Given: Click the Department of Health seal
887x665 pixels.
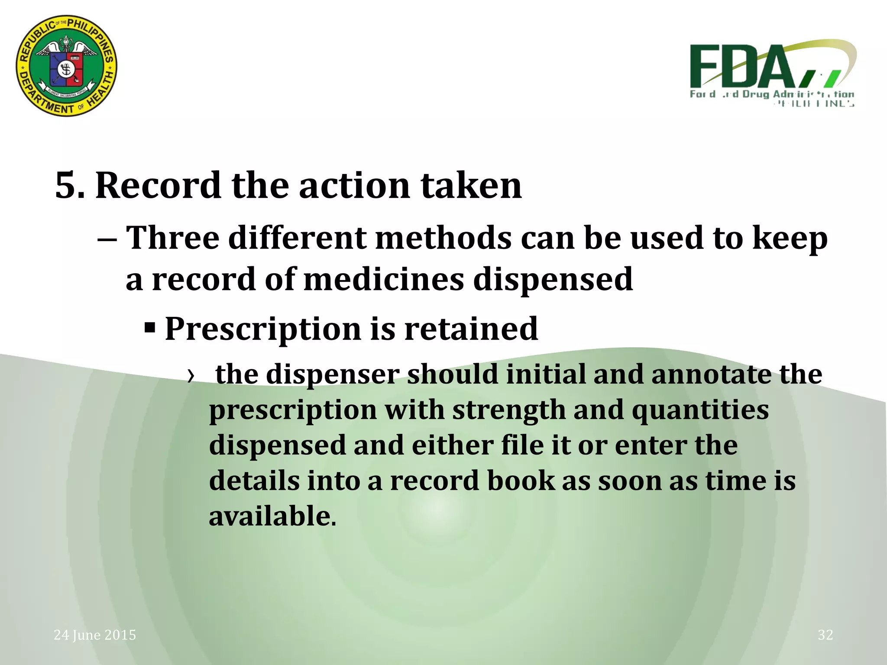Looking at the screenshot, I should point(66,66).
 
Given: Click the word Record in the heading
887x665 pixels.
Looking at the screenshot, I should point(158,186).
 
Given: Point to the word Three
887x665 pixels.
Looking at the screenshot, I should point(172,238).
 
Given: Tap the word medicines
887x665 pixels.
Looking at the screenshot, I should point(384,279).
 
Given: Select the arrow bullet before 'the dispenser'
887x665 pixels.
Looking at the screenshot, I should point(191,375).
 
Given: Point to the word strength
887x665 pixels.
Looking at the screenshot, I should point(509,410).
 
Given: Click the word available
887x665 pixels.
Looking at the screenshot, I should point(272,516).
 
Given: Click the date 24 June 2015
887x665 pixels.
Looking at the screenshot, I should point(95,635).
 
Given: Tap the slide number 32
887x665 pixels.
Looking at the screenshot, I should point(825,635).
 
